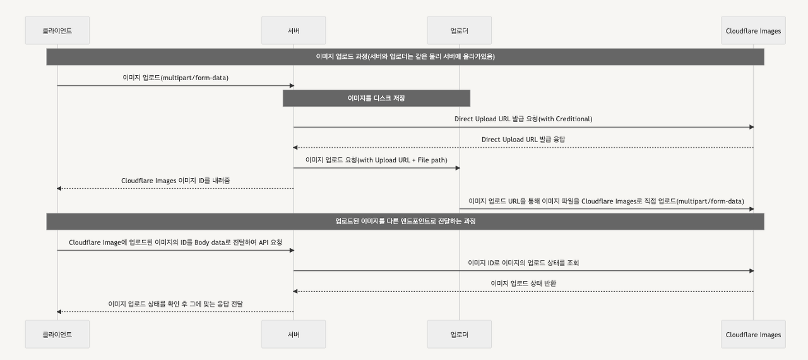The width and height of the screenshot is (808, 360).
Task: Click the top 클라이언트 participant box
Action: [57, 30]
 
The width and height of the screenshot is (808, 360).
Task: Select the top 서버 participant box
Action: [294, 30]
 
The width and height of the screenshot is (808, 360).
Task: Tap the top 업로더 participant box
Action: [459, 30]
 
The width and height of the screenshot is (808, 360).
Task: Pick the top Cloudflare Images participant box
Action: [753, 30]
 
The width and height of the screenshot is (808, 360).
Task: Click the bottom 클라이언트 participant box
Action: [57, 334]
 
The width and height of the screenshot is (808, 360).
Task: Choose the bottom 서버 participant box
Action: [294, 334]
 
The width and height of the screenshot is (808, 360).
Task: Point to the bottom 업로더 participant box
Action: [459, 334]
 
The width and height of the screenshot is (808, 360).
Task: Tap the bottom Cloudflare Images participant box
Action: [753, 334]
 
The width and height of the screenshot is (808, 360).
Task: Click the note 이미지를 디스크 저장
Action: [376, 98]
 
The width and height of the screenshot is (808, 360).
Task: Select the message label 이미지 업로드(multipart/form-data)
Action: [175, 78]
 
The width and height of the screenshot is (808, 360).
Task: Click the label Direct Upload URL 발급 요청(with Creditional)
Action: [523, 119]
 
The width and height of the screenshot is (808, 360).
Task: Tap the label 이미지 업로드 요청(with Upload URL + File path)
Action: [376, 160]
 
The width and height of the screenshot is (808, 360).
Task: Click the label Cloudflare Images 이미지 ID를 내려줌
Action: [175, 181]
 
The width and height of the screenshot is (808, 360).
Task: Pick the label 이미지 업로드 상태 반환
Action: [523, 283]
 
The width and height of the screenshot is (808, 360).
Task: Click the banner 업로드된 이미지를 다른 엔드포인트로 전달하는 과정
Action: [405, 221]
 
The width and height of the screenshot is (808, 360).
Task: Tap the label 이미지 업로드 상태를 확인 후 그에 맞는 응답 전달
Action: [175, 304]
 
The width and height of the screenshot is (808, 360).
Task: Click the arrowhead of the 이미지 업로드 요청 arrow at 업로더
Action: [457, 168]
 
